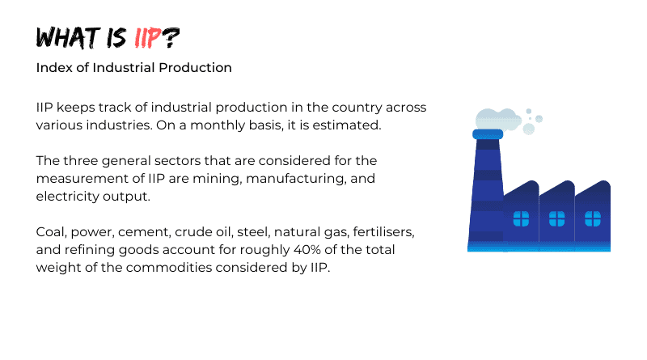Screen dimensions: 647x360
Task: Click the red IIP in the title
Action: click(147, 38)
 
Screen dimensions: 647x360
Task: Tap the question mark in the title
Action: click(171, 38)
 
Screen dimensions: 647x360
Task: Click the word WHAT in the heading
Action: click(68, 38)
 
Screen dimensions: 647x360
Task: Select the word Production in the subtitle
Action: click(195, 68)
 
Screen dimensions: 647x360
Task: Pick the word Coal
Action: click(51, 232)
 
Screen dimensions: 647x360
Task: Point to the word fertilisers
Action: click(383, 232)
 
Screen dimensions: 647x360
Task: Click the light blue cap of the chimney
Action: click(488, 134)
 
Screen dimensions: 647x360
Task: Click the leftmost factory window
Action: click(521, 218)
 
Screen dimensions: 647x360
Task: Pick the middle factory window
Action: click(556, 218)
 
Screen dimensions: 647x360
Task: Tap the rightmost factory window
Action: click(593, 218)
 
